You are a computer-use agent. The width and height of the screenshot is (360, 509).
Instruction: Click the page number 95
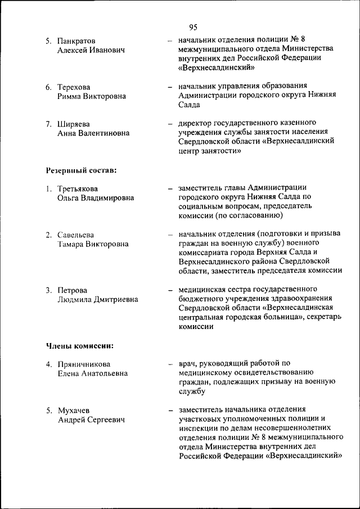193,27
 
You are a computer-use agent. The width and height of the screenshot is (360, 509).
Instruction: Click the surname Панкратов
76,40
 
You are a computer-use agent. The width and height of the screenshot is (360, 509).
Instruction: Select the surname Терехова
74,87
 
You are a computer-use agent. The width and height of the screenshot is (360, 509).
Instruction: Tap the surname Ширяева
73,124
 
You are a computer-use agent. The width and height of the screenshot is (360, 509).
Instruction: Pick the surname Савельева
76,235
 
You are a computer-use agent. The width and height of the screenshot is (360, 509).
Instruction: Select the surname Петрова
73,290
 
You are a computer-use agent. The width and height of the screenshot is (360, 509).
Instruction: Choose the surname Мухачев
74,410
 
